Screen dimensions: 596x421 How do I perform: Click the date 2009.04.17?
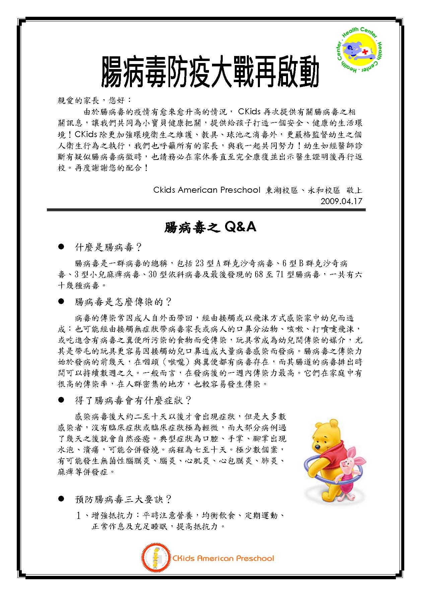tap(341, 201)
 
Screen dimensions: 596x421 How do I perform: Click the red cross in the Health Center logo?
tap(370, 51)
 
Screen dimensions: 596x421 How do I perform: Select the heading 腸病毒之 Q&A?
tap(210, 228)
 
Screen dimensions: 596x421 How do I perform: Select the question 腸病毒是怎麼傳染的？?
tap(123, 302)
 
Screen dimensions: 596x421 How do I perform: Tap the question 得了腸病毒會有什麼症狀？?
tap(133, 400)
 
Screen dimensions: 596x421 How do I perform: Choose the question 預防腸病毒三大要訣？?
tap(123, 499)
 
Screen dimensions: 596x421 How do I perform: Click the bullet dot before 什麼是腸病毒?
tap(61, 247)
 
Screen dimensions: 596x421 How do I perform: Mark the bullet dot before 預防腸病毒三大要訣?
tap(61, 499)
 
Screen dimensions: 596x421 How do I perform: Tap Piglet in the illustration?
tap(348, 469)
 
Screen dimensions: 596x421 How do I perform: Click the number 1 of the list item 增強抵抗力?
tap(79, 516)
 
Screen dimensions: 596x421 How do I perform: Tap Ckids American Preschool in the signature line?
tap(207, 190)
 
